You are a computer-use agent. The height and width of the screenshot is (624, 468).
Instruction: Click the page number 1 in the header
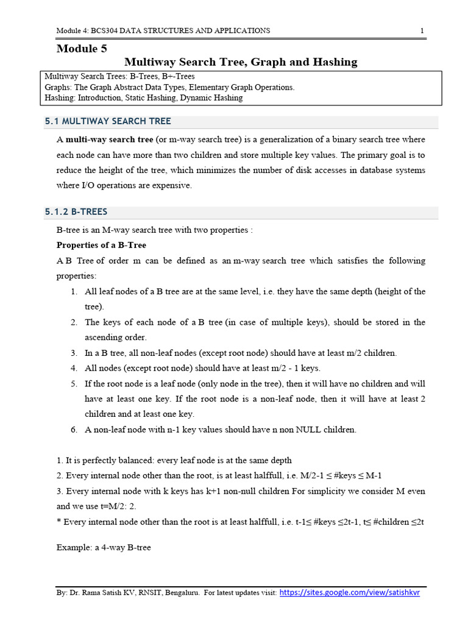click(x=422, y=30)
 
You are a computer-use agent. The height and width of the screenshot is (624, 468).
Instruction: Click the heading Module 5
click(x=77, y=49)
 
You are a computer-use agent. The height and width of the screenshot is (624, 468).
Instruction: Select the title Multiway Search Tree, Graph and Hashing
click(x=241, y=62)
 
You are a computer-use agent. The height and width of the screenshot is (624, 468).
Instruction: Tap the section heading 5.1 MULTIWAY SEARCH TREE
click(x=108, y=121)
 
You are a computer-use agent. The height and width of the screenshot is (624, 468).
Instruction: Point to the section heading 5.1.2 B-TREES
click(x=76, y=211)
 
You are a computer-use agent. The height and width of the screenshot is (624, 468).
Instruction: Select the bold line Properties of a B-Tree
click(x=101, y=245)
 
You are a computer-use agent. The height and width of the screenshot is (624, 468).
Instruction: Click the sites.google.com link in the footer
click(x=350, y=592)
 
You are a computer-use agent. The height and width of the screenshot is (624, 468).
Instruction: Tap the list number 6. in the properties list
click(x=74, y=430)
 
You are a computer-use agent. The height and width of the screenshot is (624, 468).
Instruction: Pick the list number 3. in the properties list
click(x=74, y=353)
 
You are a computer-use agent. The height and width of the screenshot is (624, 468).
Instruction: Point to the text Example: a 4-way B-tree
click(x=104, y=547)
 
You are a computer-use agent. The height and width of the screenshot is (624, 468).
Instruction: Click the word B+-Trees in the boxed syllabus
click(x=182, y=77)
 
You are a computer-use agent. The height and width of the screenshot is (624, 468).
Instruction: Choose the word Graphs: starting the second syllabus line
click(x=58, y=87)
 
